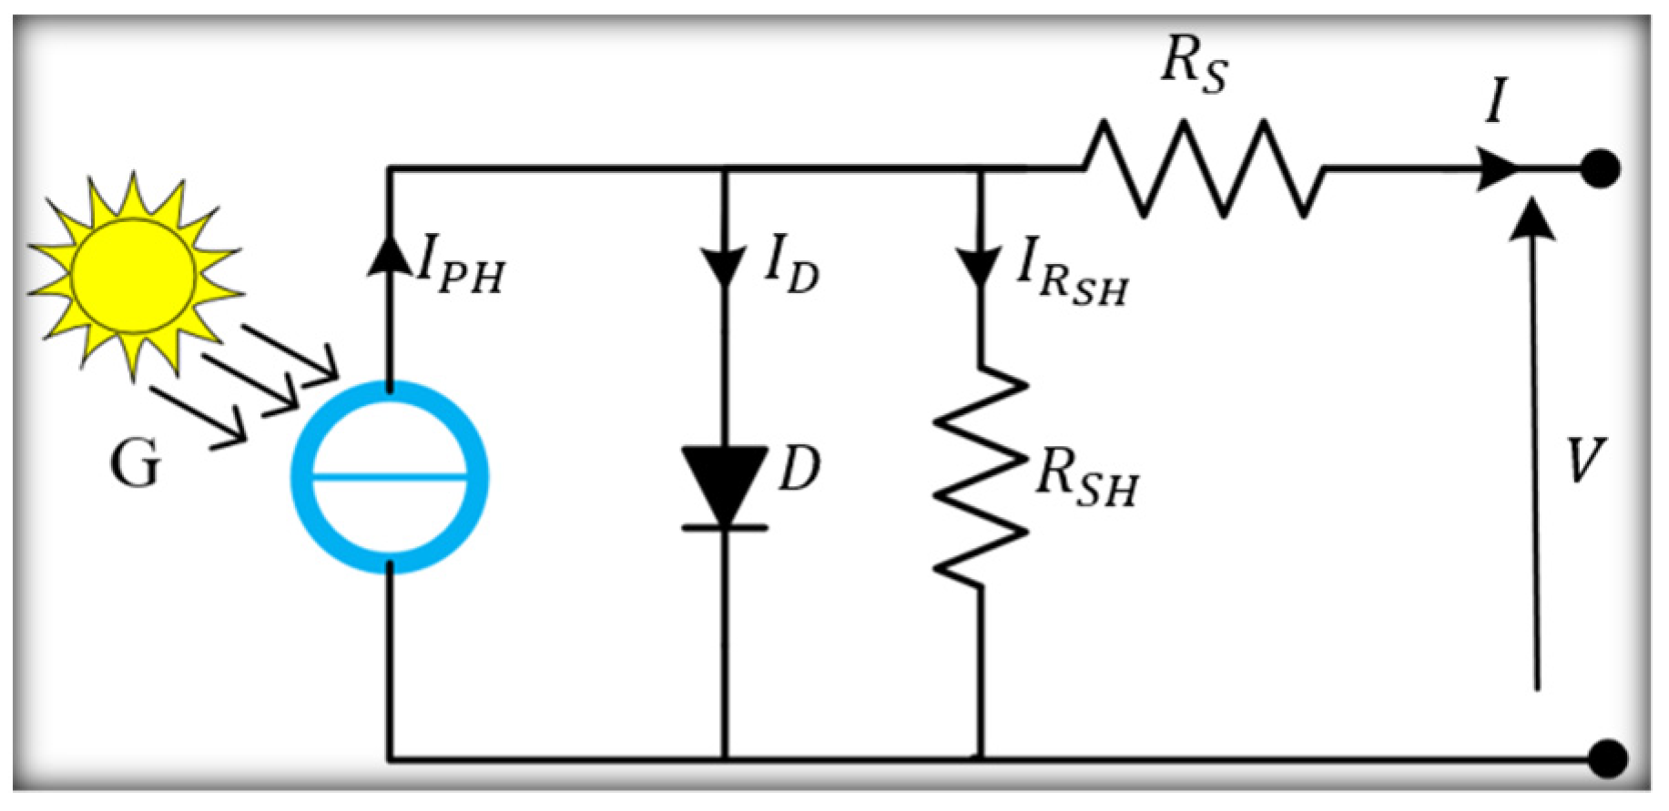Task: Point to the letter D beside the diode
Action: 800,470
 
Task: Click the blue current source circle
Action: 390,476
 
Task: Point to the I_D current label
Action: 790,270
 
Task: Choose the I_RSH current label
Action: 1071,277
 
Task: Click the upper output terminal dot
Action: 1600,169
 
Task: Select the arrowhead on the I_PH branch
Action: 390,256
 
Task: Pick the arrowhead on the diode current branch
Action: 725,268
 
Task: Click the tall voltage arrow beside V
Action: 1537,446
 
